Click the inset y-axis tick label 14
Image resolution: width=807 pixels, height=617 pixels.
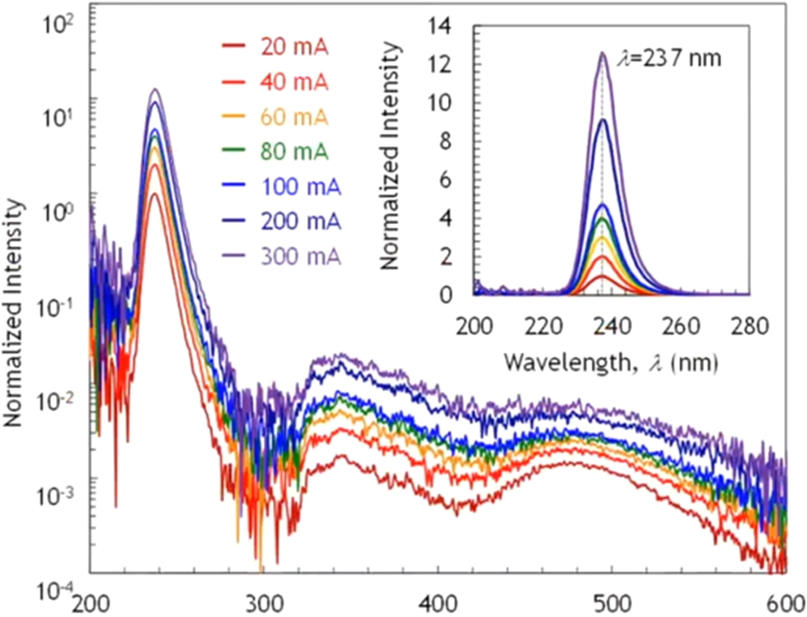click(x=441, y=26)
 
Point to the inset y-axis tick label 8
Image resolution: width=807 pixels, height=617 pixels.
click(x=445, y=141)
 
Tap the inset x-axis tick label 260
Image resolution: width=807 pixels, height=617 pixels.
click(x=680, y=327)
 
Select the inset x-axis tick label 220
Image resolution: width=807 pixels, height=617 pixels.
click(x=542, y=327)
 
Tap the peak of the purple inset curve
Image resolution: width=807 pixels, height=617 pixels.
click(x=603, y=52)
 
